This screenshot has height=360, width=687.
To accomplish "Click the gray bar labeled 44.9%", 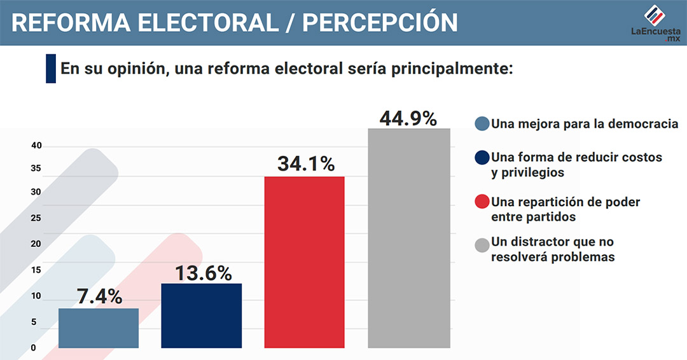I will pyautogui.click(x=409, y=238).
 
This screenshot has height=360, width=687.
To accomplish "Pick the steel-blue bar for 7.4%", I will pyautogui.click(x=98, y=328).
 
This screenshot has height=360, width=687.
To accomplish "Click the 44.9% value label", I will pyautogui.click(x=408, y=119).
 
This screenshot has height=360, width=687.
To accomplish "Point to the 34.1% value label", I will pyautogui.click(x=306, y=164).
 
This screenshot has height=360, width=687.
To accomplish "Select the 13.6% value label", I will pyautogui.click(x=202, y=273).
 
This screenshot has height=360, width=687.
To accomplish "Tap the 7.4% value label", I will pyautogui.click(x=99, y=296).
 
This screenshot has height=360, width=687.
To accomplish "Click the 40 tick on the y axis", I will pyautogui.click(x=36, y=146).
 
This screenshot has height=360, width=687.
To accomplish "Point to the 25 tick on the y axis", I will pyautogui.click(x=36, y=218).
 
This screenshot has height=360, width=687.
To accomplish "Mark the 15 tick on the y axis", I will pyautogui.click(x=36, y=270).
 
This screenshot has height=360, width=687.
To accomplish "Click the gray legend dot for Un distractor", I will pyautogui.click(x=482, y=244).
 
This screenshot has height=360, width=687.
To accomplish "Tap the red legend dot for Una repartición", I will pyautogui.click(x=482, y=202).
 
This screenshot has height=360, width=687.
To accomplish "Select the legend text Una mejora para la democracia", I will pyautogui.click(x=585, y=123).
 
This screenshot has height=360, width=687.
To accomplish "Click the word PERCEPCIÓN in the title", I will pyautogui.click(x=380, y=22).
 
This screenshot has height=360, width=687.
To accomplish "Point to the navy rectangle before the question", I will pyautogui.click(x=51, y=69).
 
